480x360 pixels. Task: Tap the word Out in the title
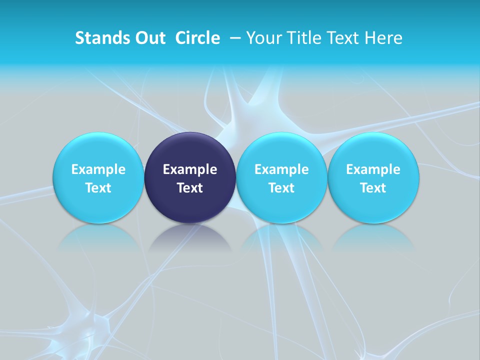[x=149, y=38]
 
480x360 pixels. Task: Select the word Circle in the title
[x=197, y=38]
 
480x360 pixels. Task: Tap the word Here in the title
[x=383, y=38]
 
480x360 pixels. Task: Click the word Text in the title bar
[x=343, y=38]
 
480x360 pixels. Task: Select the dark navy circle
[x=190, y=178]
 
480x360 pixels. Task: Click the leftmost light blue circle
[x=98, y=178]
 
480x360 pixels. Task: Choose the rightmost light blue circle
[x=373, y=178]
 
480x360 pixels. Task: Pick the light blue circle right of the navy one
[x=281, y=178]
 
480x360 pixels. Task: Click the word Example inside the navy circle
[x=190, y=169]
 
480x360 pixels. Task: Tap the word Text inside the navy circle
[x=190, y=188]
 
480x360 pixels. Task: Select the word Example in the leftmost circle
[x=98, y=169]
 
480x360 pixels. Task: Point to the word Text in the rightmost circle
[x=373, y=188]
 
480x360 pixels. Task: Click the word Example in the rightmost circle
[x=373, y=169]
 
